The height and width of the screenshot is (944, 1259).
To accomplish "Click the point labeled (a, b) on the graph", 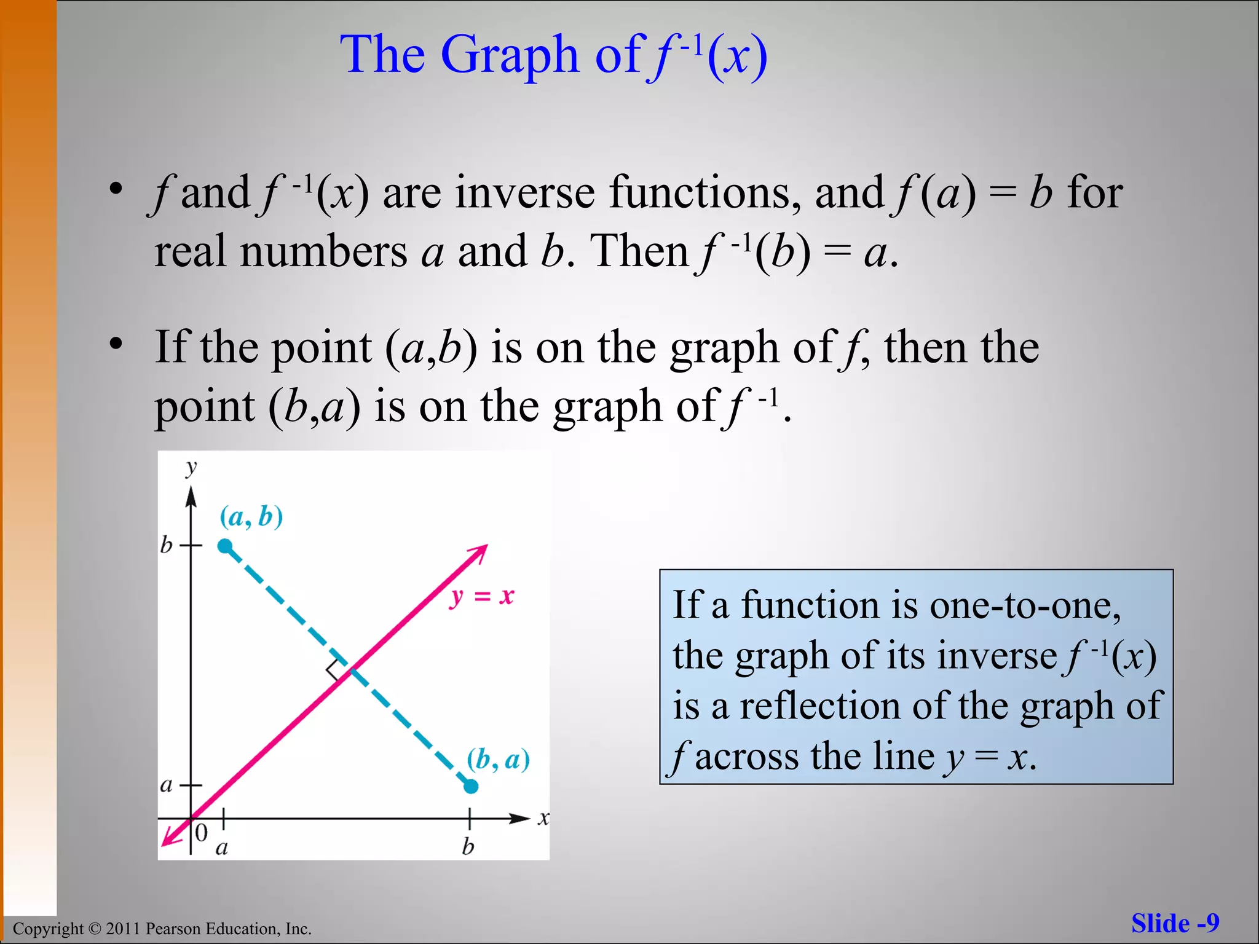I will [x=225, y=546].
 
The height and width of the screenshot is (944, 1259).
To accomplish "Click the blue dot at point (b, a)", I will [x=471, y=786].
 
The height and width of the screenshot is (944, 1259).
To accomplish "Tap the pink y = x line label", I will [x=482, y=596].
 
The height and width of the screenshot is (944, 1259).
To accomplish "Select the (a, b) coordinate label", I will [x=251, y=517].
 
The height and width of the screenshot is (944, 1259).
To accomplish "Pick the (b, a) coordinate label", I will [x=498, y=760].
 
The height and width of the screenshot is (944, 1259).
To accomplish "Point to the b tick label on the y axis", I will [x=166, y=545].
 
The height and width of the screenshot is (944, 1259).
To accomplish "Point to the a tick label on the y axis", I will [x=166, y=785].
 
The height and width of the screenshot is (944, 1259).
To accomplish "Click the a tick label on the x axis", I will [x=222, y=848].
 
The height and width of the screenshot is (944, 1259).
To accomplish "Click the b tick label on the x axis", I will [x=468, y=847].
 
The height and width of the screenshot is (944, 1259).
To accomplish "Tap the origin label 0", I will [x=201, y=833].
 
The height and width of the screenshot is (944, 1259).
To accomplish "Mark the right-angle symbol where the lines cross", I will [x=336, y=670].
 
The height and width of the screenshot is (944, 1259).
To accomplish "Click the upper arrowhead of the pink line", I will [x=480, y=551].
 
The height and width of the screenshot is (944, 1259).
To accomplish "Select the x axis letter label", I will [x=543, y=818].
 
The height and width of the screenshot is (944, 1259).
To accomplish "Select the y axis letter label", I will [x=191, y=468].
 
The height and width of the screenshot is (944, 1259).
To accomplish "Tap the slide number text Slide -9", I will [x=1175, y=923].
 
